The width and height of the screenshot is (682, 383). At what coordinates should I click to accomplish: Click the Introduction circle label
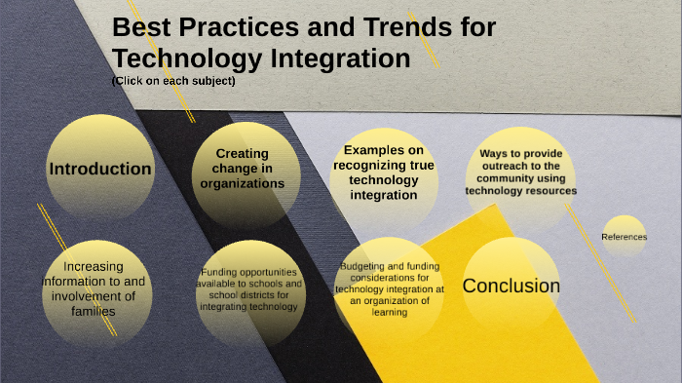click(x=100, y=169)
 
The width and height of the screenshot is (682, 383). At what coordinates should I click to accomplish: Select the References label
click(x=624, y=237)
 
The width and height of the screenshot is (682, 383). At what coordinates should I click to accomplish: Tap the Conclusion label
click(x=511, y=286)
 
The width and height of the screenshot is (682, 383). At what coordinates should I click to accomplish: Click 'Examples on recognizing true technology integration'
click(x=383, y=172)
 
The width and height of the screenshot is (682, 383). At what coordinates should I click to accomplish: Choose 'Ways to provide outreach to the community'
click(x=520, y=172)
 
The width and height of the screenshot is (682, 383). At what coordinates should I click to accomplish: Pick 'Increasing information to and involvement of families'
click(x=93, y=288)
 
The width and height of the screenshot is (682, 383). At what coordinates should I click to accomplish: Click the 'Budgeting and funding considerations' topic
click(x=390, y=289)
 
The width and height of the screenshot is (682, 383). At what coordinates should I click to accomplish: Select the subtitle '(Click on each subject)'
click(x=173, y=81)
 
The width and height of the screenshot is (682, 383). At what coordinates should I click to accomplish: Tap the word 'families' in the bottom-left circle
click(x=93, y=312)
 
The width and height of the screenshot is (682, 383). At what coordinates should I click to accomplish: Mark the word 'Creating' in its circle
click(x=242, y=153)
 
